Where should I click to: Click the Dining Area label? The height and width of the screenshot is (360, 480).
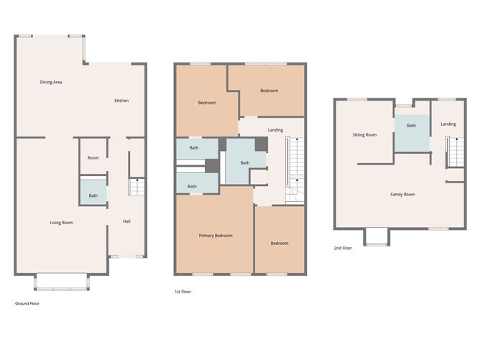(50, 82)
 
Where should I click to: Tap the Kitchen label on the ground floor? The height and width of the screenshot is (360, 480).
(121, 101)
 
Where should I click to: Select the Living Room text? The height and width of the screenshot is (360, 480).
(61, 222)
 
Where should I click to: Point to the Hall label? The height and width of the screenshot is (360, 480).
(126, 221)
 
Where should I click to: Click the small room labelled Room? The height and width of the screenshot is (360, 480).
(93, 158)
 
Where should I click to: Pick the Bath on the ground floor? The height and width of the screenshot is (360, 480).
(93, 195)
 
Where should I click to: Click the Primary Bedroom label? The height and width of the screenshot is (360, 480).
(216, 236)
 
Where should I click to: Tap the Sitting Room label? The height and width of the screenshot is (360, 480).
(364, 134)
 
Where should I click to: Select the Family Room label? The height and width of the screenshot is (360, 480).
(402, 194)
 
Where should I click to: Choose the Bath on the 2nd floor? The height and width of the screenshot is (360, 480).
(411, 126)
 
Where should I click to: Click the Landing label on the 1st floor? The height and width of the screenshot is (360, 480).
(274, 130)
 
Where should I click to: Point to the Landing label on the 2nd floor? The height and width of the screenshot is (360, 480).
(448, 124)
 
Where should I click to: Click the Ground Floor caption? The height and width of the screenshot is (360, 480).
(27, 304)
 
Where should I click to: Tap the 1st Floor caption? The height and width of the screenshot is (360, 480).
(183, 292)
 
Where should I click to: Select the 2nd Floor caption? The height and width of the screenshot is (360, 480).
(342, 248)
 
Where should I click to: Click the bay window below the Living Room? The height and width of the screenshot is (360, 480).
(62, 282)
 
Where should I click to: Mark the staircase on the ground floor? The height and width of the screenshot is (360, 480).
(137, 188)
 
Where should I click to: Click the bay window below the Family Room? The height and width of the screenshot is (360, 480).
(376, 237)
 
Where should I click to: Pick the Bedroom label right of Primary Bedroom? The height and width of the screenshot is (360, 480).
(280, 243)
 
